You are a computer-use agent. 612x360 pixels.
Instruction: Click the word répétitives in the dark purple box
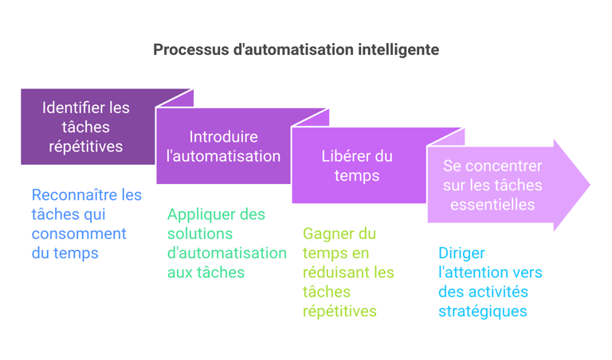tap(86, 147)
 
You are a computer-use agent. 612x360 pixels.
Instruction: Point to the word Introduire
tap(224, 137)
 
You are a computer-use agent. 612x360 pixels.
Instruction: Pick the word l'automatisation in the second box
tap(224, 156)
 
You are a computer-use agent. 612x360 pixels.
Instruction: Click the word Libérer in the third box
tap(343, 156)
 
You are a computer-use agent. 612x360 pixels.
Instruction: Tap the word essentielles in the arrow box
tap(492, 205)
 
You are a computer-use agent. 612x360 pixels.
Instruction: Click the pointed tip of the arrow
tap(590, 185)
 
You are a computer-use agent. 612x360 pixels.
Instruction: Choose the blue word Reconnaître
tap(75, 195)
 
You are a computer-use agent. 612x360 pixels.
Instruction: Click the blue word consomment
tap(79, 234)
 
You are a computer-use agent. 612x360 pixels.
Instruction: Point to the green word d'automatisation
tap(227, 253)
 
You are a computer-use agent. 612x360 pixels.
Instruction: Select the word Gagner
tap(324, 234)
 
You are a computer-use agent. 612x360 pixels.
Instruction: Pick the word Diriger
tap(461, 253)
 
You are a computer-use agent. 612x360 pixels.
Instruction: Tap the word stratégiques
tap(483, 311)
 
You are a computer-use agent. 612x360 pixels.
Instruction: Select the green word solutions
tap(200, 234)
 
